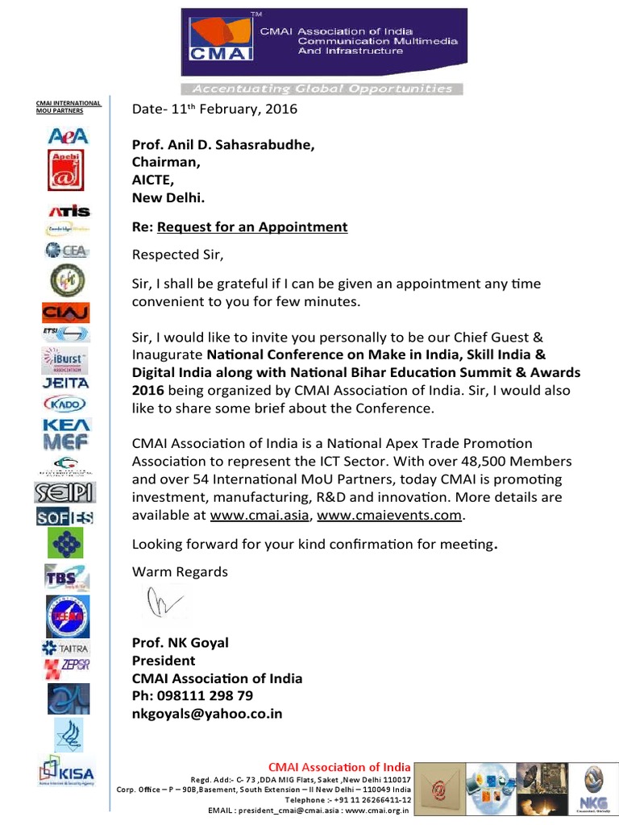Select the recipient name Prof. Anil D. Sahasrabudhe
[x=223, y=145]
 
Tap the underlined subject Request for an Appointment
[x=252, y=227]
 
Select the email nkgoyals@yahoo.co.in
[x=207, y=714]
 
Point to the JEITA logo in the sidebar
[x=66, y=383]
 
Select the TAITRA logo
[x=66, y=648]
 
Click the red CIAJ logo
[x=66, y=313]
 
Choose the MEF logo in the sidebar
[x=66, y=440]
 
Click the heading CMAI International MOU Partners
[x=69, y=106]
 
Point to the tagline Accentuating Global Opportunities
[x=322, y=89]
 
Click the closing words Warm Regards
[x=180, y=572]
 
